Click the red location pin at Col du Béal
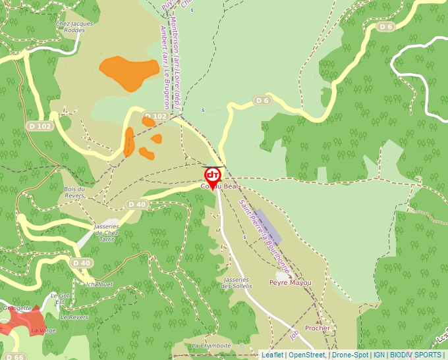(213, 177)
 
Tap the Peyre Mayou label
(290, 282)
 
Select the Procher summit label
(317, 328)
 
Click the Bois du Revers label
(74, 192)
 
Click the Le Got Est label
(60, 298)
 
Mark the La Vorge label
(43, 330)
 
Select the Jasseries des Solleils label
(237, 283)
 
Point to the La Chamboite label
(211, 345)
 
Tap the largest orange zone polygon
(125, 72)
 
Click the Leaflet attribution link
(272, 355)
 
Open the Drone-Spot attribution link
(350, 355)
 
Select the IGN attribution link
(379, 355)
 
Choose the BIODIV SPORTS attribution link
(415, 355)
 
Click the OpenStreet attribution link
(307, 355)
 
